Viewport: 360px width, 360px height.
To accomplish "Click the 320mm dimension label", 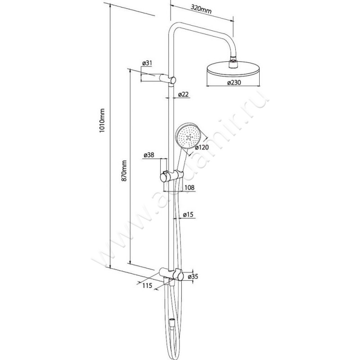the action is pyautogui.click(x=201, y=9).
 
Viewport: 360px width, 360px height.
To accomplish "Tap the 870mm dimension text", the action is pyautogui.click(x=124, y=171).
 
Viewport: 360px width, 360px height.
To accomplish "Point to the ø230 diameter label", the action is pyautogui.click(x=234, y=82).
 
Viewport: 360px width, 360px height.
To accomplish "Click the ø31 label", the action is pyautogui.click(x=147, y=63).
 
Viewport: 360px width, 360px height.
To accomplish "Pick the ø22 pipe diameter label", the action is pyautogui.click(x=183, y=94).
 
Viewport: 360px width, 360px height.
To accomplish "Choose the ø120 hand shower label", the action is pyautogui.click(x=202, y=147).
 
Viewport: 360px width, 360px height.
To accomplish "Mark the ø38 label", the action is pyautogui.click(x=149, y=155).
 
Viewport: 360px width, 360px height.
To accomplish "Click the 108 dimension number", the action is pyautogui.click(x=189, y=188).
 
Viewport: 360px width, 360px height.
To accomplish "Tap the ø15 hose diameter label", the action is pyautogui.click(x=188, y=215).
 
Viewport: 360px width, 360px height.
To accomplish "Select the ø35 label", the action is pyautogui.click(x=193, y=277).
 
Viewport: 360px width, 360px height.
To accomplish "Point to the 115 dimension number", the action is pyautogui.click(x=147, y=285).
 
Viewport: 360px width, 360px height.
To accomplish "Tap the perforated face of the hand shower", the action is pyautogui.click(x=189, y=136).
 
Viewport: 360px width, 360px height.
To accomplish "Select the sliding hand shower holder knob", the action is pyautogui.click(x=164, y=177).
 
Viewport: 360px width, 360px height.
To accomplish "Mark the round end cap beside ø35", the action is pyautogui.click(x=180, y=275).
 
